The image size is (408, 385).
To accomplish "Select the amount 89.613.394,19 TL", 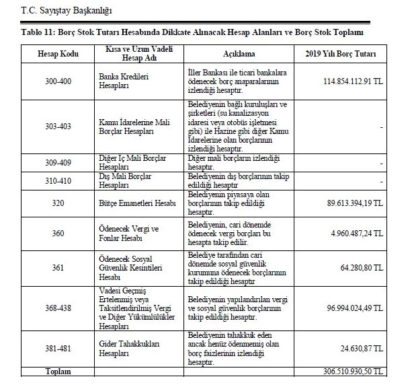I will (353, 203).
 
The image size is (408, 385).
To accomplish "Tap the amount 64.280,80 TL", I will (360, 267).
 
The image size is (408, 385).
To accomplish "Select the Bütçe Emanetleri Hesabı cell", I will (137, 203).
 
